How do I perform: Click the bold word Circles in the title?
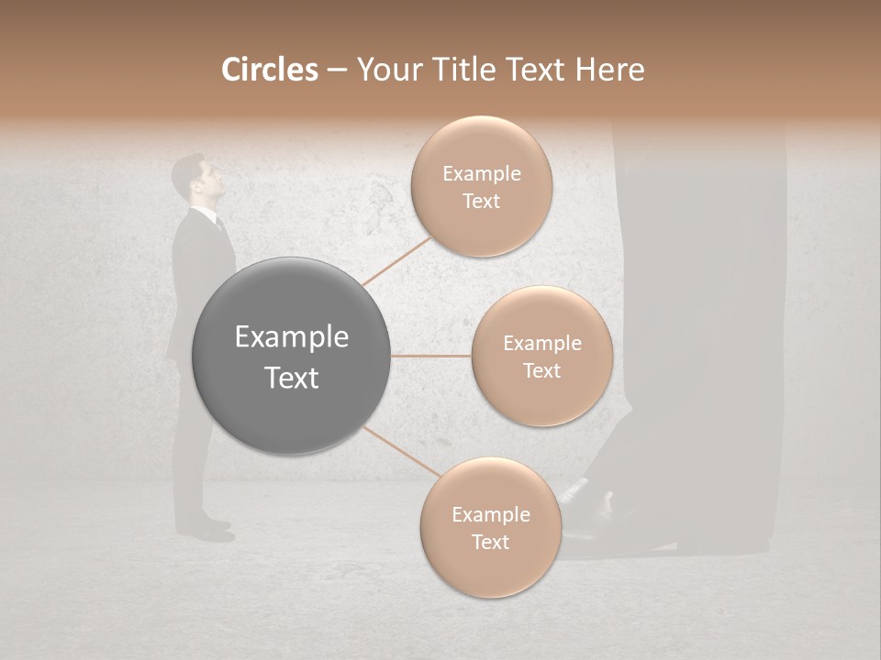(x=269, y=70)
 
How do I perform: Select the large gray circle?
(x=292, y=356)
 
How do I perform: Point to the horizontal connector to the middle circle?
(x=431, y=356)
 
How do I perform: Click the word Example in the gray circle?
(x=292, y=337)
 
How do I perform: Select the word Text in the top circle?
(x=481, y=201)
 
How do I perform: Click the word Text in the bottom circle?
(x=490, y=542)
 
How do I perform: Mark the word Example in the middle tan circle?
(x=541, y=344)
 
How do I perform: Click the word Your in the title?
(x=385, y=70)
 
